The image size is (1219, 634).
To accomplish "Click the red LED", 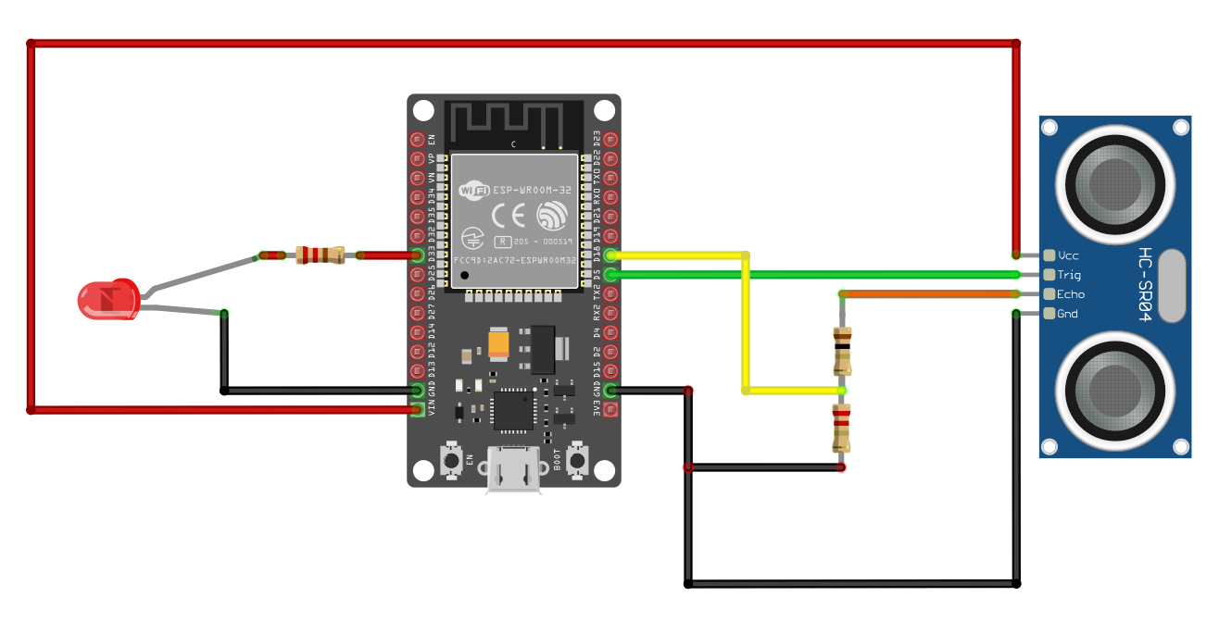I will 107,300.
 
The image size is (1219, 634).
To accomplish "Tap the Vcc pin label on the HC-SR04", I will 1068,255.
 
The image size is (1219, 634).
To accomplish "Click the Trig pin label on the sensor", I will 1069,274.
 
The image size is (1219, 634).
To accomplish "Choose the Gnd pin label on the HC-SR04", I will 1067,314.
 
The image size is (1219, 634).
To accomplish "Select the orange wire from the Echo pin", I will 926,294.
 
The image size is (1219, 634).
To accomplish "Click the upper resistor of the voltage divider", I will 841,350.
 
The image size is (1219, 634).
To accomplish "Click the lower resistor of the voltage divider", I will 841,428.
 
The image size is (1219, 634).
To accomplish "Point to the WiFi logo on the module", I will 474,191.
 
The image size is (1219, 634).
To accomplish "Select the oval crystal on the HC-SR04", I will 1172,285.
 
